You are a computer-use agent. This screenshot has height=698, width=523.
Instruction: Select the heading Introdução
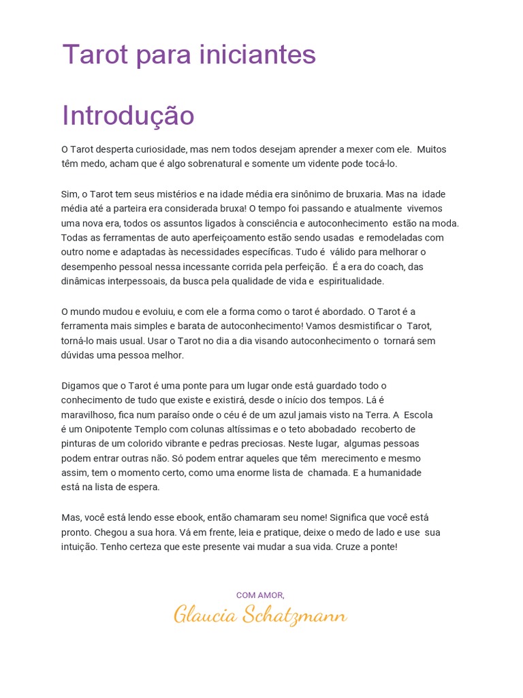tap(128, 116)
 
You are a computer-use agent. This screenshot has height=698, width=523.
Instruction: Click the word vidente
tap(330, 164)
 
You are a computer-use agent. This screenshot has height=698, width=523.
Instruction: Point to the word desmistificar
tap(354, 326)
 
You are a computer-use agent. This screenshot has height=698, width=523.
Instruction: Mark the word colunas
tap(214, 429)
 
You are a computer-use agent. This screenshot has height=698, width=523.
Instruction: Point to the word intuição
tap(78, 547)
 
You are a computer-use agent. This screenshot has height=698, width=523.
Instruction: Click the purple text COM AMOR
tap(260, 595)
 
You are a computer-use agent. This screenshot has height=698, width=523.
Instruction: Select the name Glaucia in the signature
tap(202, 616)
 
